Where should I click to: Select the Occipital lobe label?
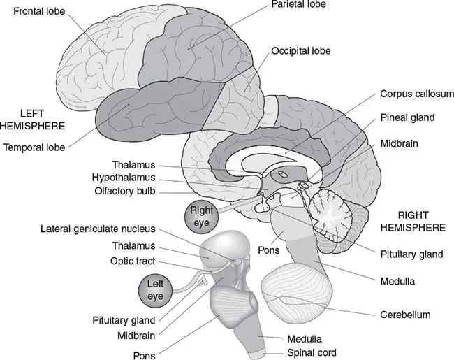tap(302, 52)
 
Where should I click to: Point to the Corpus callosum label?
tap(417, 94)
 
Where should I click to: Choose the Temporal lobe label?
tap(34, 147)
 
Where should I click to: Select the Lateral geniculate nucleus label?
tap(98, 229)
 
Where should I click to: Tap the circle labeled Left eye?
tap(154, 289)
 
